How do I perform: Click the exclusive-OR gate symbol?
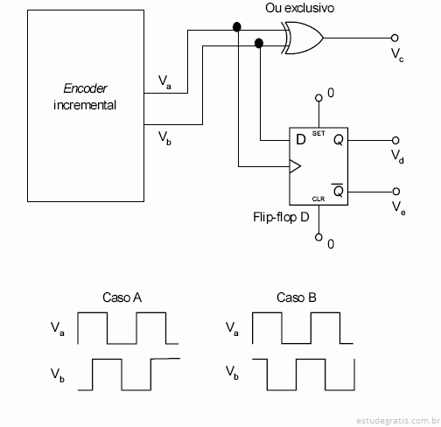pos(303,38)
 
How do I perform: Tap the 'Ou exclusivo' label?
pos(299,8)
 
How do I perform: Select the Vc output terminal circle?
pos(395,38)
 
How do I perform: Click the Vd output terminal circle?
pos(395,141)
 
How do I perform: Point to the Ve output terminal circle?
pos(395,192)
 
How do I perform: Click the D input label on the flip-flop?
pos(301,140)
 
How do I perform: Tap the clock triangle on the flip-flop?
pos(295,166)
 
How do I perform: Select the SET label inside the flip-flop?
pos(318,133)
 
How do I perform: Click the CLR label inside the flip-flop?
pos(318,199)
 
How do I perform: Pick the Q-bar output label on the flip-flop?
pos(338,191)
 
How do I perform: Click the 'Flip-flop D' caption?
pos(281,217)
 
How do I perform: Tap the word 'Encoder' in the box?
pos(86,88)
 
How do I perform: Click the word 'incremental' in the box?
pos(85,105)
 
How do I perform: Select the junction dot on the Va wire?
pos(237,27)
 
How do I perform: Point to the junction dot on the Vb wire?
pos(259,43)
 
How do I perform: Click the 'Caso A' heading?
pos(122,297)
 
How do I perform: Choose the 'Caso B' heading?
pos(297,297)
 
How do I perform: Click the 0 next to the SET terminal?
pos(331,93)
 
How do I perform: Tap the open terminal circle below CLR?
pos(318,237)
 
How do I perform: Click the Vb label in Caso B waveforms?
pos(232,373)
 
